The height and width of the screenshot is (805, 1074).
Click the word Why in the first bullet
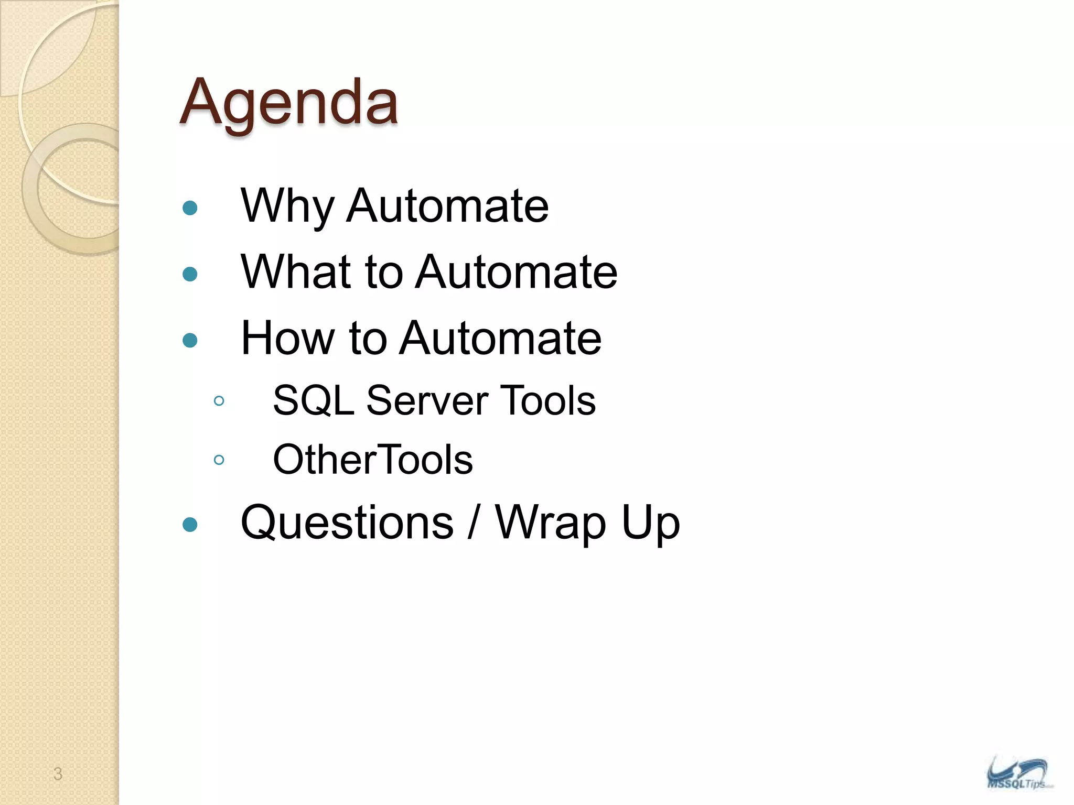(x=287, y=206)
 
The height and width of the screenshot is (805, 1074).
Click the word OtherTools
(x=373, y=460)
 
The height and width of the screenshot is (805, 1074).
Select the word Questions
(x=347, y=523)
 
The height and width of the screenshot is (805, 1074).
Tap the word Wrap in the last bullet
(x=551, y=523)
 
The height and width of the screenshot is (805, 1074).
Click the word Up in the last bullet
(x=650, y=523)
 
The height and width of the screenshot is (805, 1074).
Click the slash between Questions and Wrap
(x=474, y=523)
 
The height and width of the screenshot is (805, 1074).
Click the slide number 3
(x=58, y=774)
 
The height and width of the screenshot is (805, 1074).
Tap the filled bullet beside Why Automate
(x=190, y=208)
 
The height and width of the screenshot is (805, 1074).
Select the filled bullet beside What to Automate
(x=190, y=274)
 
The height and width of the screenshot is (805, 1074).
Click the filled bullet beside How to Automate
(x=190, y=341)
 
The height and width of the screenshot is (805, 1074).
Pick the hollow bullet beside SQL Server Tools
(x=219, y=401)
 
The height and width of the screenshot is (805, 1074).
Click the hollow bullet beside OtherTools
(x=219, y=460)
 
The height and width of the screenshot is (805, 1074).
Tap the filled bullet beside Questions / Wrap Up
(x=190, y=525)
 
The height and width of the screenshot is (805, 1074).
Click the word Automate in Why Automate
(x=447, y=206)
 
